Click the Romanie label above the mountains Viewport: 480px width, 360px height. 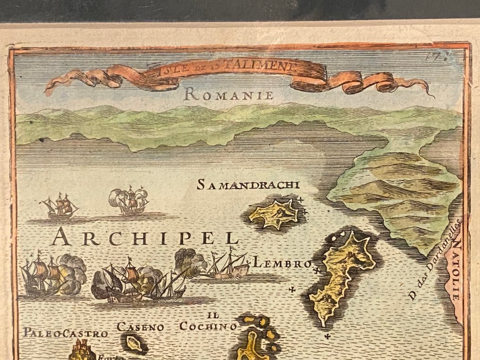(x=229, y=94)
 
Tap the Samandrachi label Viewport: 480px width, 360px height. (x=248, y=185)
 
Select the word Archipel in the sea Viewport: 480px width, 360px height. (x=146, y=237)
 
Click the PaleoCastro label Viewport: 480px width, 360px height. (x=66, y=333)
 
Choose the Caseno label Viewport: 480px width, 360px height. (x=140, y=327)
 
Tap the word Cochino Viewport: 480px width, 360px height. (x=208, y=326)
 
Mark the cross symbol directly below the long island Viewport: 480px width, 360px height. (x=327, y=336)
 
